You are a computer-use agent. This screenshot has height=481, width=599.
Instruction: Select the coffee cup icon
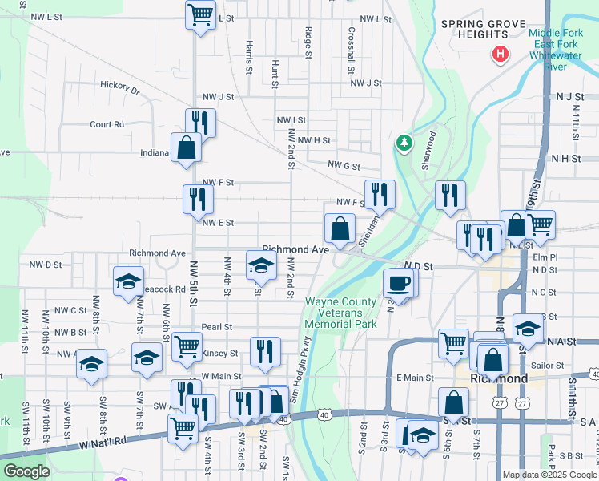coord(399,282)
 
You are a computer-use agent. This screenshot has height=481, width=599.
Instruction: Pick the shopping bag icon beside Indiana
coord(186,148)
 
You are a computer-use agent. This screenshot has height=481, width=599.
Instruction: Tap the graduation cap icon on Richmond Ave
coord(260,265)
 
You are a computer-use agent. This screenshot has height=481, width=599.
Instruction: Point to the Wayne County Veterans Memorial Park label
coord(340,313)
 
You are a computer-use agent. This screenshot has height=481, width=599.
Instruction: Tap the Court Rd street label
coord(107,124)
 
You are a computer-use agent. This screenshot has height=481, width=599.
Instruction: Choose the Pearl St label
coord(216,327)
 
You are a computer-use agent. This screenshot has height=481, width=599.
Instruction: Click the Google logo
coord(26,471)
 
